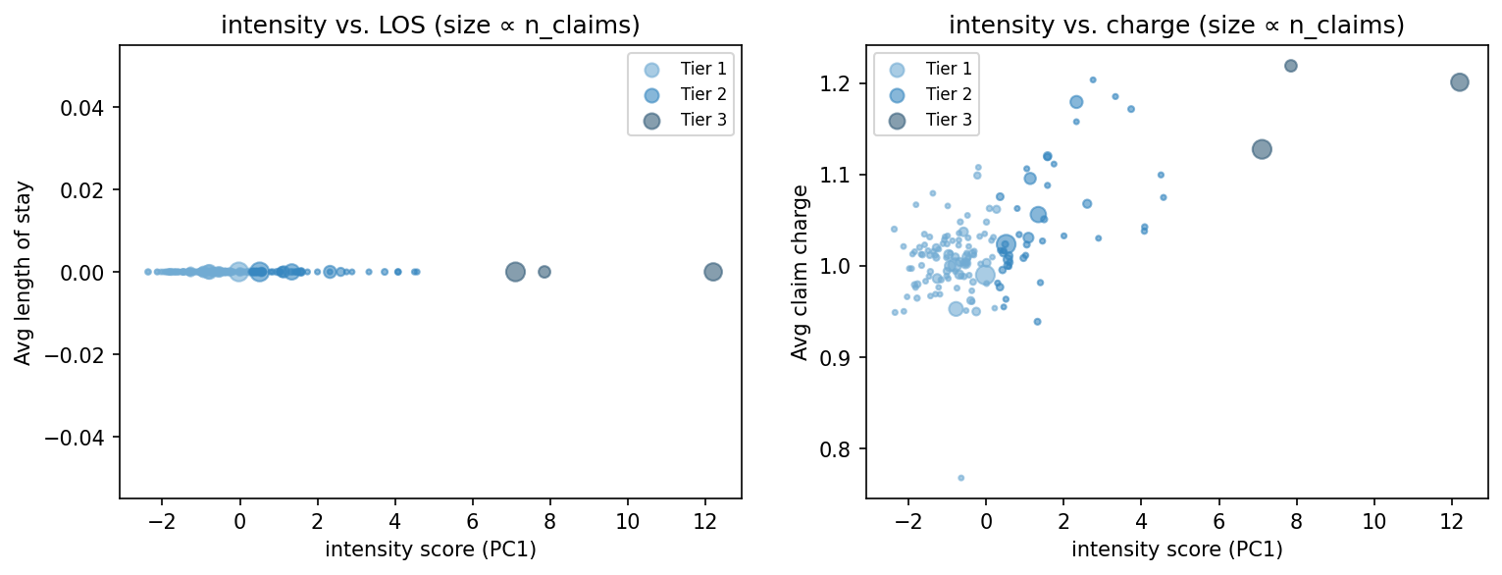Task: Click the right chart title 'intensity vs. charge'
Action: click(x=1176, y=26)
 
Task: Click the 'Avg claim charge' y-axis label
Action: click(x=800, y=272)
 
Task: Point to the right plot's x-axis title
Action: click(x=1176, y=549)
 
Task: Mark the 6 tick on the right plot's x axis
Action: click(x=1218, y=519)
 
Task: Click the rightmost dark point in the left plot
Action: click(x=713, y=272)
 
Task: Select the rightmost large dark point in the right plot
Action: click(x=1459, y=82)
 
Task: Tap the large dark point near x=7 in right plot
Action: click(x=1262, y=149)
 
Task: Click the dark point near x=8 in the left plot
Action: click(x=544, y=272)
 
